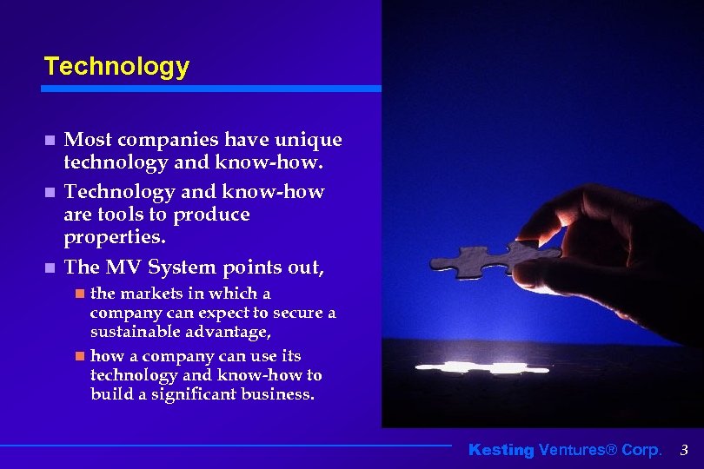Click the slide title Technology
[116, 66]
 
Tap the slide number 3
[684, 450]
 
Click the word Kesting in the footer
[501, 450]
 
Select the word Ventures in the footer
[571, 450]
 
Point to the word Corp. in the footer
[641, 450]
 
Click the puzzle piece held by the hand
[482, 259]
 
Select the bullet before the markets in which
[79, 294]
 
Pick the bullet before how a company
[79, 356]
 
